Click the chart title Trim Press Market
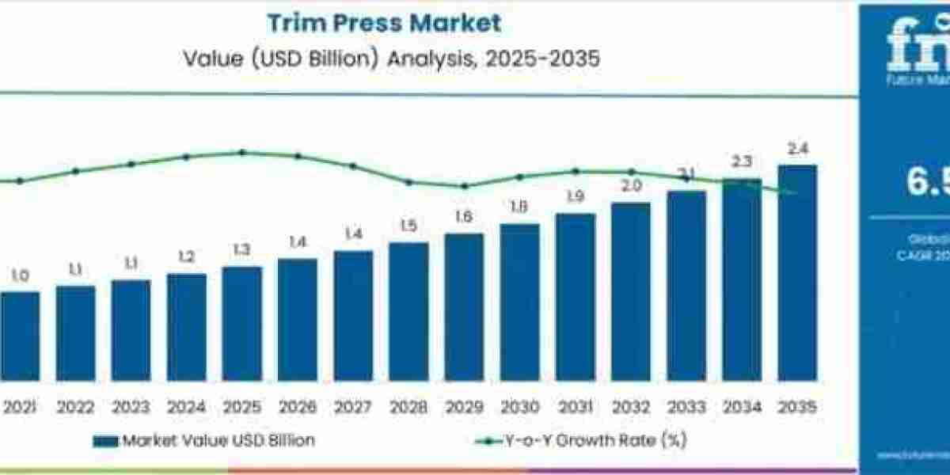pyautogui.click(x=384, y=23)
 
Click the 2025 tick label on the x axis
pyautogui.click(x=241, y=408)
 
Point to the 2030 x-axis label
pyautogui.click(x=519, y=408)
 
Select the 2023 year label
pyautogui.click(x=131, y=408)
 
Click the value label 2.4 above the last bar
pyautogui.click(x=797, y=149)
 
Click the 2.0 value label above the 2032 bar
pyautogui.click(x=631, y=187)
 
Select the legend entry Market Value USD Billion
pyautogui.click(x=203, y=441)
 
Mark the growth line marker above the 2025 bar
pyautogui.click(x=242, y=152)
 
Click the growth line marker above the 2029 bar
pyautogui.click(x=465, y=186)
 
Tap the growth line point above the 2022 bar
pyautogui.click(x=75, y=171)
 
